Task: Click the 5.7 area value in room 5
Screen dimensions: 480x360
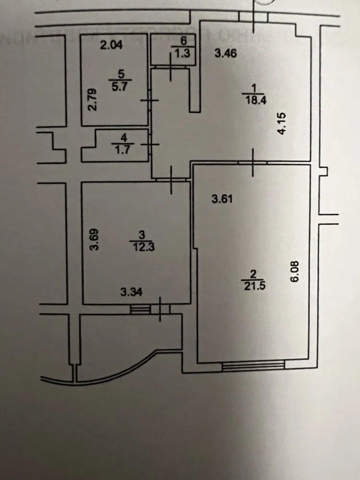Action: coord(120,86)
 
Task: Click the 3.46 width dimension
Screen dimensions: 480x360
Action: coord(226,53)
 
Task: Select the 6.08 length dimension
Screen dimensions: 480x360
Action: coord(295,272)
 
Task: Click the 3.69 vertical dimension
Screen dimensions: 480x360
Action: coord(94,239)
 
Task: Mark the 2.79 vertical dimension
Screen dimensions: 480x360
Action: coord(92,102)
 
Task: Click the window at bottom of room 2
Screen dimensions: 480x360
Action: coord(253,365)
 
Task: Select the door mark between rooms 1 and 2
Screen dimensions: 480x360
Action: coord(253,162)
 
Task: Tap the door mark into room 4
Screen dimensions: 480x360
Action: coord(150,144)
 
